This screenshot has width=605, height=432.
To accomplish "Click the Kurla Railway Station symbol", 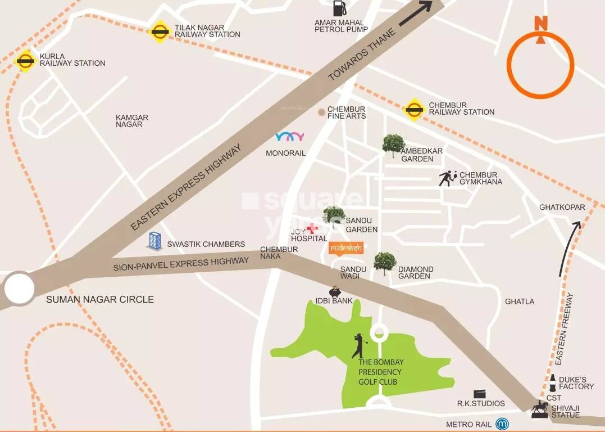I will pyautogui.click(x=25, y=60).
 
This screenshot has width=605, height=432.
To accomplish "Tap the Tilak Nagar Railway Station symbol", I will pyautogui.click(x=160, y=31).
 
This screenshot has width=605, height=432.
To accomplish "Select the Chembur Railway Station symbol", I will pyautogui.click(x=414, y=109).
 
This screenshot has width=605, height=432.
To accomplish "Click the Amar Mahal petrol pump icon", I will pyautogui.click(x=339, y=8).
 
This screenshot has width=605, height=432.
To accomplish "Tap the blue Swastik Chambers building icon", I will pyautogui.click(x=154, y=240).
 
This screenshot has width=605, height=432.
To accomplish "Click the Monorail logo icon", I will pyautogui.click(x=290, y=137).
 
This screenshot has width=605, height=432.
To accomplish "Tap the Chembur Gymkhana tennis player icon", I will pyautogui.click(x=448, y=178).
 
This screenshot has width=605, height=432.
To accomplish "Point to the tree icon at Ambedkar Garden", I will pyautogui.click(x=393, y=145).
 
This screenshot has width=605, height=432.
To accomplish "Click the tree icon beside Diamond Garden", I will pyautogui.click(x=385, y=262).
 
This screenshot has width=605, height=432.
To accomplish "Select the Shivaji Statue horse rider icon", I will pyautogui.click(x=540, y=409).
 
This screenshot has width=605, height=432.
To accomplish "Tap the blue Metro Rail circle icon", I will pyautogui.click(x=502, y=424).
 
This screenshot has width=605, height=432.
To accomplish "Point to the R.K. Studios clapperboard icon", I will pyautogui.click(x=479, y=394).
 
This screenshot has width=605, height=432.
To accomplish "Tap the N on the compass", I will pyautogui.click(x=540, y=24).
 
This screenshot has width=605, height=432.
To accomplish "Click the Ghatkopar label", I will pyautogui.click(x=562, y=207).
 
